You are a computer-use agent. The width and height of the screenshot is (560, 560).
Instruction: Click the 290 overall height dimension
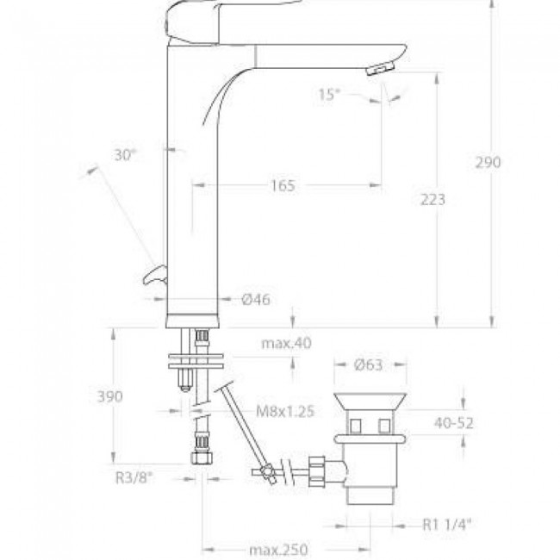pyautogui.click(x=488, y=163)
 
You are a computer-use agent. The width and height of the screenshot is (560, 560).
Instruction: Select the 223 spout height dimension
pyautogui.click(x=432, y=199)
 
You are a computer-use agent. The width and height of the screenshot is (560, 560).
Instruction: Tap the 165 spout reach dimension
pyautogui.click(x=283, y=186)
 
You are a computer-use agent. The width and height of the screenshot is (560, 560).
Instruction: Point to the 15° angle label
pyautogui.click(x=329, y=95)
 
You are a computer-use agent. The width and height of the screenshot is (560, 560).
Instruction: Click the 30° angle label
pyautogui.click(x=126, y=155)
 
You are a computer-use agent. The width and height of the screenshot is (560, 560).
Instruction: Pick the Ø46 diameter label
pyautogui.click(x=256, y=299)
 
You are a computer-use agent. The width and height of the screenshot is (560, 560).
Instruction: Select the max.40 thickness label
pyautogui.click(x=286, y=343)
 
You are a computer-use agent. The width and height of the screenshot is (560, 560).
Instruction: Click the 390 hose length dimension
pyautogui.click(x=110, y=396)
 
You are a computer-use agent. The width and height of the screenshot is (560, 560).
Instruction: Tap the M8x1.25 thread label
pyautogui.click(x=285, y=412)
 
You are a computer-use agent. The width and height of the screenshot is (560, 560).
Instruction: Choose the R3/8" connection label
pyautogui.click(x=134, y=478)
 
